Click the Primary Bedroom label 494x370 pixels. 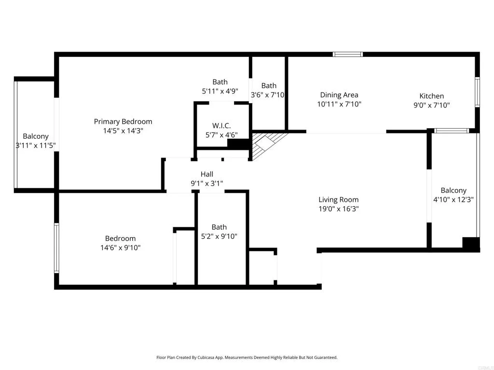click(123, 121)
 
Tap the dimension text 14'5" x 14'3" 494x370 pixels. click(123, 131)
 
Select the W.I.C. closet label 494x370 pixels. click(222, 126)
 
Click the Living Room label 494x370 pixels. click(338, 199)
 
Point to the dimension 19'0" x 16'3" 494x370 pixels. click(338, 209)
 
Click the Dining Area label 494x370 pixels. click(339, 95)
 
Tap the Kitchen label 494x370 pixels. click(431, 96)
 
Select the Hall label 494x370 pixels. click(207, 174)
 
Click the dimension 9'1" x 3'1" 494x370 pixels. click(207, 183)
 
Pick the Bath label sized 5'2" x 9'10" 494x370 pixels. click(219, 227)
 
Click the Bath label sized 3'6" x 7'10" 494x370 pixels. click(269, 86)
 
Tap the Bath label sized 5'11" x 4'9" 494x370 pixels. click(220, 82)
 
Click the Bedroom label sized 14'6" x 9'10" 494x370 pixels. click(121, 238)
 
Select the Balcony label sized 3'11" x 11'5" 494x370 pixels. click(36, 136)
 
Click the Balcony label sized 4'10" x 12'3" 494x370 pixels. click(453, 190)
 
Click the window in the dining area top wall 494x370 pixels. click(348, 54)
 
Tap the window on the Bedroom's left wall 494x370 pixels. click(56, 248)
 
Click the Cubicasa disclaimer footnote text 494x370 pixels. click(247, 357)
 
